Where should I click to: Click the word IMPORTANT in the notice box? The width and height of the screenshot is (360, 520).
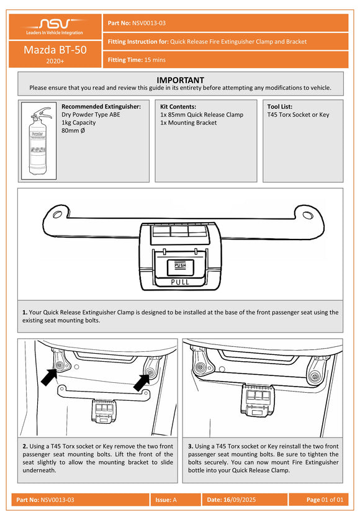(180, 80)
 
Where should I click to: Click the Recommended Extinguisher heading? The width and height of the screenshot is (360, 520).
(105, 107)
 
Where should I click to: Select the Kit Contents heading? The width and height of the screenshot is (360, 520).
(178, 107)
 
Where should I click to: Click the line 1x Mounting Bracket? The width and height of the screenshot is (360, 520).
(188, 123)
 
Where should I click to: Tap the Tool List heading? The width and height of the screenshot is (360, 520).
(279, 107)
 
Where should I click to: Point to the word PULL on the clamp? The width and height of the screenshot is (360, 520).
(180, 282)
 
